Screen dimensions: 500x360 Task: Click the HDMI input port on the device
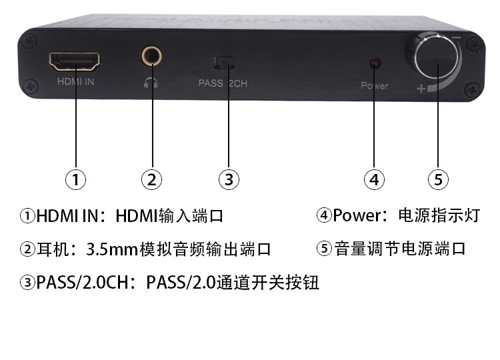point(75,61)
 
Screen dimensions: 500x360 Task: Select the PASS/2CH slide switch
point(223,63)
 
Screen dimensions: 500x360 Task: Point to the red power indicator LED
point(374,63)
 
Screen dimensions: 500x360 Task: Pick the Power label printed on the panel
point(374,86)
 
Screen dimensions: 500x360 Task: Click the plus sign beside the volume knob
point(420,89)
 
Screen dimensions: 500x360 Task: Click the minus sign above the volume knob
point(457,38)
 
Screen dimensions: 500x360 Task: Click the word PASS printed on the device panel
point(211,83)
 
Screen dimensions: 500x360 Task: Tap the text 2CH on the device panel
point(239,83)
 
